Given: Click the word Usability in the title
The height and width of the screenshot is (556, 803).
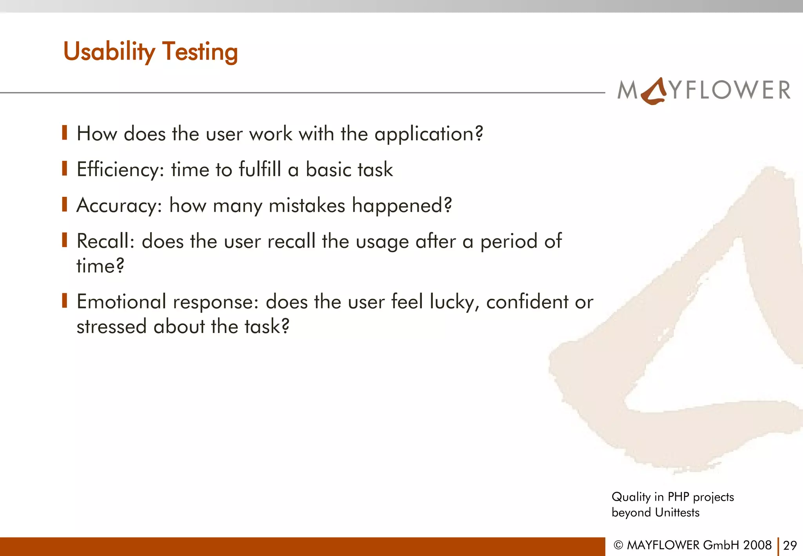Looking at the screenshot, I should click(x=109, y=52).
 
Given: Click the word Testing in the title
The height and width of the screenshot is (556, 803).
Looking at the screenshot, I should click(x=200, y=52).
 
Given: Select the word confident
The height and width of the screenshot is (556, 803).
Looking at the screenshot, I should click(x=527, y=302).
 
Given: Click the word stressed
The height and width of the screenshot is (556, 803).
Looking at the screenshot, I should click(x=111, y=327).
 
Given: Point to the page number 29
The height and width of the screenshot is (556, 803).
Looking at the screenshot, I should click(x=790, y=545).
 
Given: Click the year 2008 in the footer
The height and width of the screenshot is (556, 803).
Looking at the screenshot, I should click(x=757, y=545).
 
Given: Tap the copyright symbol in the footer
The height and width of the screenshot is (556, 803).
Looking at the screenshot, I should click(x=618, y=545).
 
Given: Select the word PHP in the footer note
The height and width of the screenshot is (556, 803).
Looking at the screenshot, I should click(x=678, y=497).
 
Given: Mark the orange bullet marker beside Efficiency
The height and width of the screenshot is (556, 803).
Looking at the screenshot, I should click(x=65, y=169).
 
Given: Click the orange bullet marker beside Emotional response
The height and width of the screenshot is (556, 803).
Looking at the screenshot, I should click(x=65, y=301).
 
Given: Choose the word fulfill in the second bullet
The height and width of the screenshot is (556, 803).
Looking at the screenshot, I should click(x=260, y=170).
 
